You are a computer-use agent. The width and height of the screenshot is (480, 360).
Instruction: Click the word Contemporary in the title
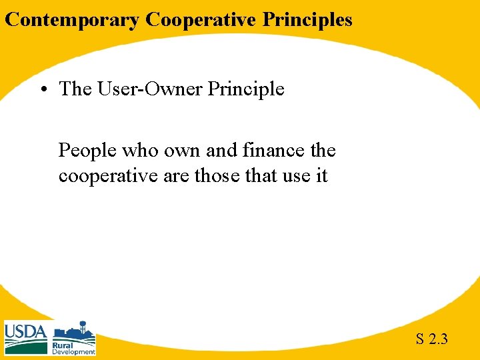[x=72, y=20]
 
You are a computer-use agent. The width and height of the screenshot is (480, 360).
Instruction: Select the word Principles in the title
[x=307, y=20]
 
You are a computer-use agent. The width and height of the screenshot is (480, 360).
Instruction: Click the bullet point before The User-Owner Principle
[x=46, y=89]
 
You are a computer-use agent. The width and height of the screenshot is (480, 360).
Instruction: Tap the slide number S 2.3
[x=432, y=339]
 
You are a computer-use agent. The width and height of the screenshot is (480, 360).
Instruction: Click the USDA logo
[x=25, y=337]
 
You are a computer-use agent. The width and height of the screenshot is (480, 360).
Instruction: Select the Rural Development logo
[x=74, y=338]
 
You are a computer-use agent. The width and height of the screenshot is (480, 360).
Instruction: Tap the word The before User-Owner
[x=75, y=89]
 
